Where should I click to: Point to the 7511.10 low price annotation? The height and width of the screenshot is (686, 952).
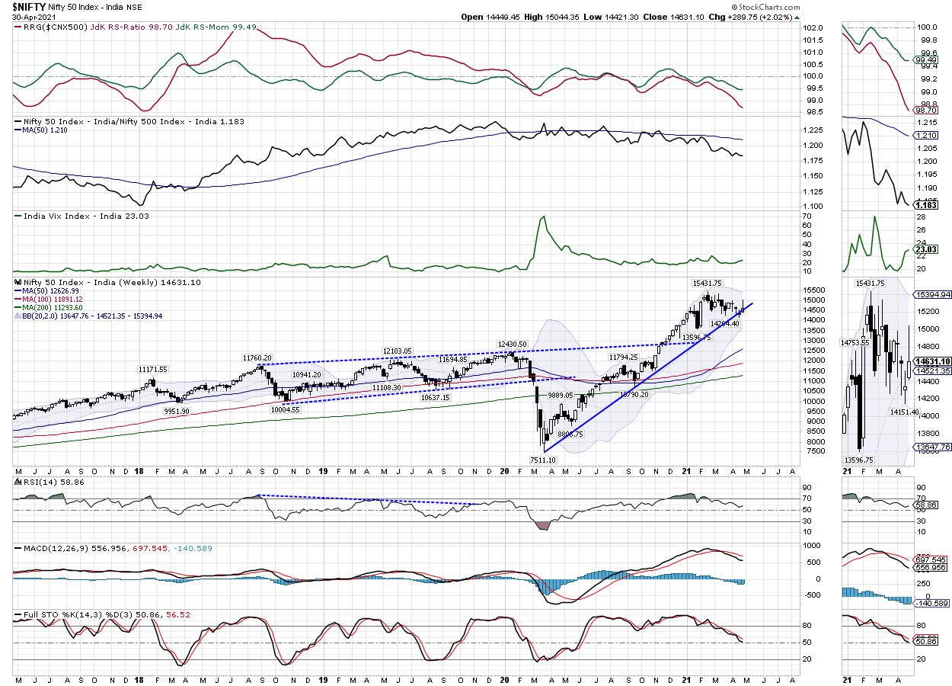coord(545,460)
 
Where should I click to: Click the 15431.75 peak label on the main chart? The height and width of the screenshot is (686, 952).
coord(708,284)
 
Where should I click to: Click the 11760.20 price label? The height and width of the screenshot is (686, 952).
coord(257,357)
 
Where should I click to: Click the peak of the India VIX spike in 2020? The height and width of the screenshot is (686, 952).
coord(543,218)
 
